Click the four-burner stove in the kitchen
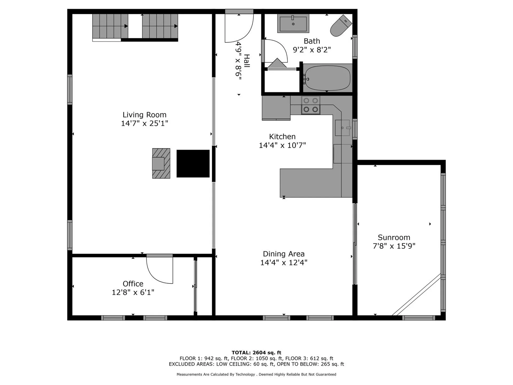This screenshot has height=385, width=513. point(311,105)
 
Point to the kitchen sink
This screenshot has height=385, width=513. point(343,128)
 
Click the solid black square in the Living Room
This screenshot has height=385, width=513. point(193,163)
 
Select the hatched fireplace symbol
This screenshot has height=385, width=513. point(161,163)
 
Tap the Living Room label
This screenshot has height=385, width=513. point(145,115)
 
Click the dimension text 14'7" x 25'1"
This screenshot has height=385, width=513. point(145,123)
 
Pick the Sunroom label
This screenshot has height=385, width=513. point(394,237)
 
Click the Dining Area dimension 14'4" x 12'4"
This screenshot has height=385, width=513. point(284,263)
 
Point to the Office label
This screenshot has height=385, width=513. point(133,284)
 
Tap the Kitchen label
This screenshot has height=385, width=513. point(282,137)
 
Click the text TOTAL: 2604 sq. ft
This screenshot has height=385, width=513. point(256,353)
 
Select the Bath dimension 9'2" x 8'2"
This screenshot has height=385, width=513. point(312,50)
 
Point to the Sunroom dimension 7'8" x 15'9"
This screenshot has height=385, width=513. point(394,246)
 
